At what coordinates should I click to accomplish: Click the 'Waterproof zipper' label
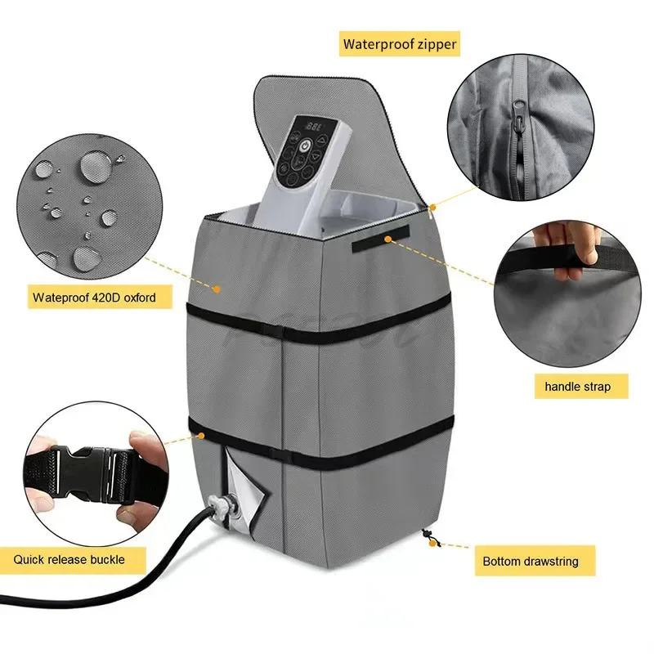click(399, 44)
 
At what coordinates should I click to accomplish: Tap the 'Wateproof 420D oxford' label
click(94, 298)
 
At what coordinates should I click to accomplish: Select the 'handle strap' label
click(578, 387)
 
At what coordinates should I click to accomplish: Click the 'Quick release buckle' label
click(69, 559)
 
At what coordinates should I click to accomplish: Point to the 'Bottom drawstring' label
click(531, 562)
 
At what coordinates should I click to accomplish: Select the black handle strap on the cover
click(380, 238)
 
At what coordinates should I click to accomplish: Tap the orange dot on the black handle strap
click(387, 239)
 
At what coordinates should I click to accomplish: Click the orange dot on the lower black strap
click(201, 436)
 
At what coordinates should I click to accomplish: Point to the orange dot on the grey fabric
click(217, 289)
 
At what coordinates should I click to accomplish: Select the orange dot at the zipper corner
click(432, 208)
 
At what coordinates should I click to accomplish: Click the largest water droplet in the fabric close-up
click(94, 166)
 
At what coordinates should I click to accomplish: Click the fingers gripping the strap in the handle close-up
click(567, 247)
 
